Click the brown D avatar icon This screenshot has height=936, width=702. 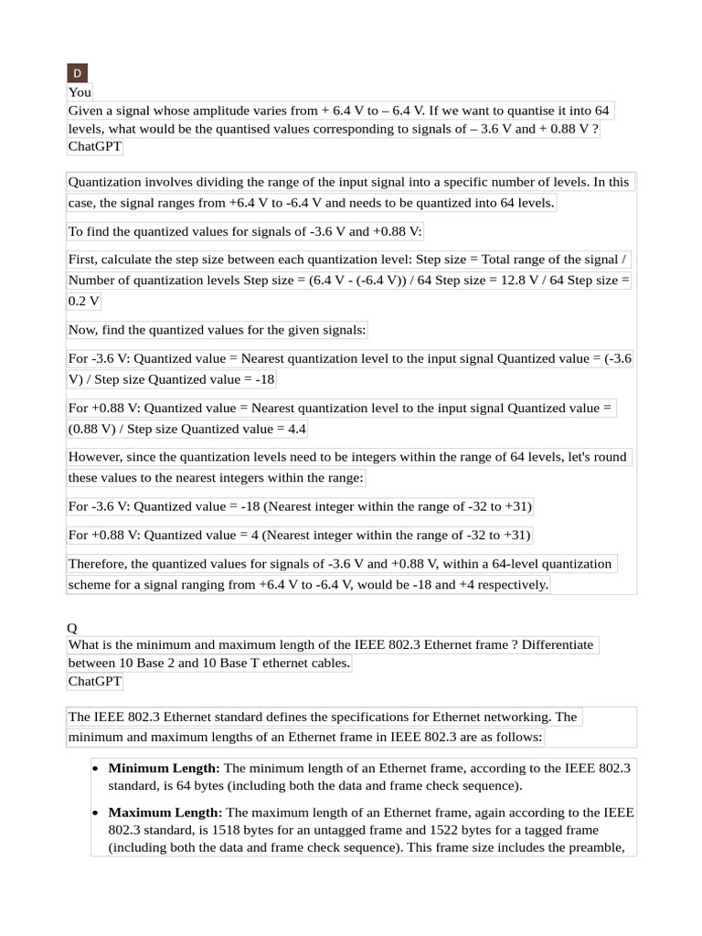coord(77,73)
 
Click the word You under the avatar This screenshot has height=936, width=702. coord(80,92)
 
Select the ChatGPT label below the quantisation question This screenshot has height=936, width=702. coord(95,147)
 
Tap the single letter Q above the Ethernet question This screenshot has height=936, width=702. coord(73,627)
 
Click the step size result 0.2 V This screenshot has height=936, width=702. coord(84,301)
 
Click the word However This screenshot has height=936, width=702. coord(97,457)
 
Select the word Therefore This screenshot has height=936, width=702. coord(101,564)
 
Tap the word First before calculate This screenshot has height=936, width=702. coord(85,260)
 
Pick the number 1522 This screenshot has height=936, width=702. coord(430,830)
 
